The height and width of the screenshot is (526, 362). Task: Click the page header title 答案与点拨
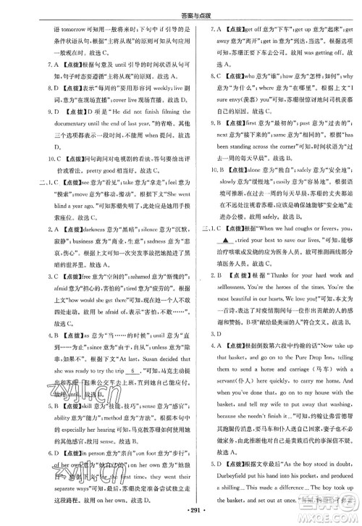click(181, 9)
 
